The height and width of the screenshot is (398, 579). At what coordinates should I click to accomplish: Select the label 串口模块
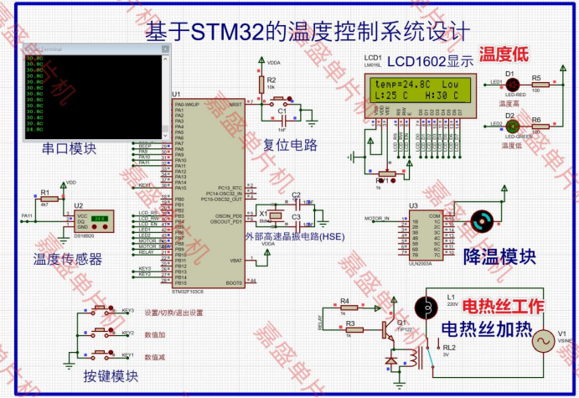69,149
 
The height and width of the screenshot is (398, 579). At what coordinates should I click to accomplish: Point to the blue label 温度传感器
67,259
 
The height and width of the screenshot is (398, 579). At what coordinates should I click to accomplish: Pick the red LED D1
512,83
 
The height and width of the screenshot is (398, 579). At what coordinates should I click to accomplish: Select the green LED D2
512,127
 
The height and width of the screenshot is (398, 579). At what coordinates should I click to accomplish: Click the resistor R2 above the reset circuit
271,86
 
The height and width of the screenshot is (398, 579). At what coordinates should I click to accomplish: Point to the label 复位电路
290,145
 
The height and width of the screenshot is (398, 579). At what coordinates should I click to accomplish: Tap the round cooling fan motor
481,221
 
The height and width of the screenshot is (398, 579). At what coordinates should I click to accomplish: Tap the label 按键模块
111,376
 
